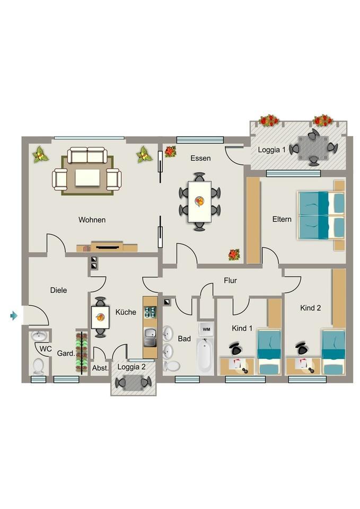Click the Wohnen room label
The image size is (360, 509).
pos(92,220)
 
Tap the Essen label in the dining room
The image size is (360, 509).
pos(200,158)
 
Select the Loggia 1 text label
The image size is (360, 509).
pos(271,150)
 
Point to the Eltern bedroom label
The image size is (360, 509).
pos(282,219)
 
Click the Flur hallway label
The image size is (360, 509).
pos(230,280)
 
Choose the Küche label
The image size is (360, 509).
pos(126,312)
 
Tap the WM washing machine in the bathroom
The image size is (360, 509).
pos(206,329)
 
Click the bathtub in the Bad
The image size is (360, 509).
pos(205,356)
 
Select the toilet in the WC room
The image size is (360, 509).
pos(38,366)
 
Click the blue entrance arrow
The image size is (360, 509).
pos(14,316)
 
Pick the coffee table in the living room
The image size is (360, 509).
pos(87,178)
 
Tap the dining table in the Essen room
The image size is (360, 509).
pos(199,201)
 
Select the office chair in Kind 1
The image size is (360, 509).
pos(235,348)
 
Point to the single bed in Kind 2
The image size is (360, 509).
pos(333,353)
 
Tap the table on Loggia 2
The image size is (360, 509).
pos(134,382)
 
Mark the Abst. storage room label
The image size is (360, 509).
pos(100,368)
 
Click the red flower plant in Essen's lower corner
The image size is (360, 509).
pos(234,254)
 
